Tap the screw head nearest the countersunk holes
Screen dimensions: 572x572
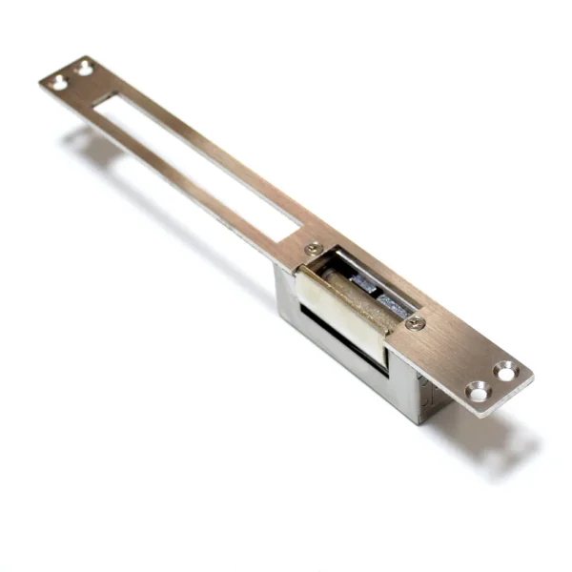(x=414, y=322)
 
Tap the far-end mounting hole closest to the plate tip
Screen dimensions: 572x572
(x=58, y=83)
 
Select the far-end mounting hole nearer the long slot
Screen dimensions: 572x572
(x=84, y=68)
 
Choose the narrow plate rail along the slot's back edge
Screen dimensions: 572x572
(x=219, y=153)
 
